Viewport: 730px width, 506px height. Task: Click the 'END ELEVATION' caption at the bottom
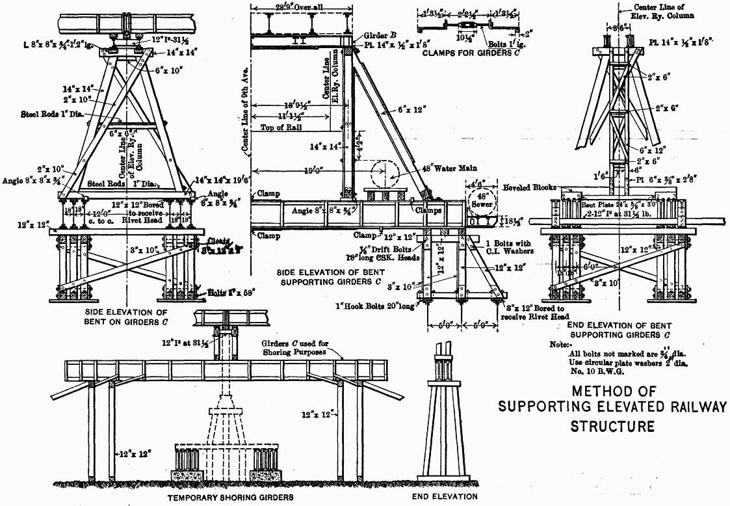[444, 498]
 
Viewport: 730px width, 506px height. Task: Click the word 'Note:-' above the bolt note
[560, 344]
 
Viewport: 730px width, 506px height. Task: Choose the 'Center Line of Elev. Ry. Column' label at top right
[646, 12]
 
